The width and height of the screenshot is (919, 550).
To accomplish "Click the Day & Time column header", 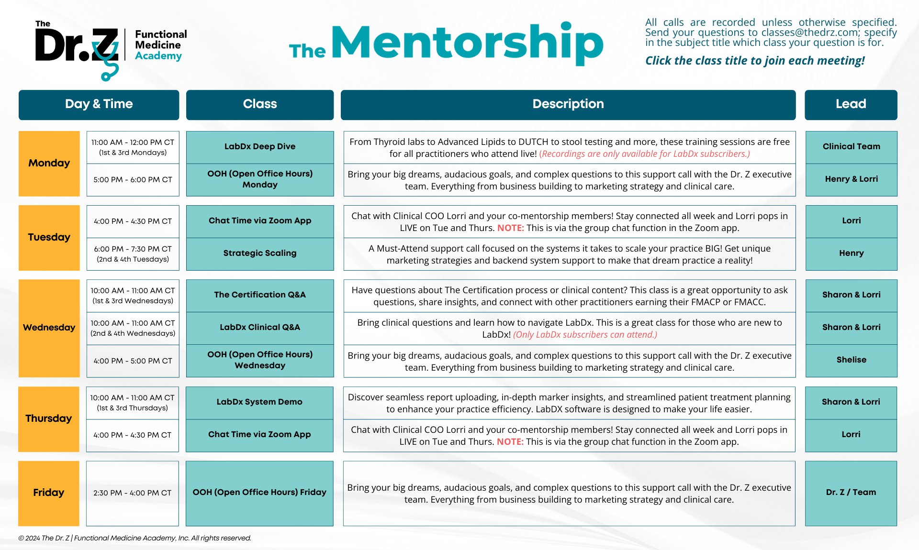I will pos(99,104).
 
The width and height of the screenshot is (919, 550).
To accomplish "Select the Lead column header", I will pos(851,104).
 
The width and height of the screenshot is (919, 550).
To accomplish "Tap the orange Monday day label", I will pos(49,163).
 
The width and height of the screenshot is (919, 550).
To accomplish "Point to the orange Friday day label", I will pos(48,493).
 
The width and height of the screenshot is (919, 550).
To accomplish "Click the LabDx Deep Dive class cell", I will pos(259,146).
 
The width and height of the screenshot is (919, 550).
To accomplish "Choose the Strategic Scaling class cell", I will pos(259,253).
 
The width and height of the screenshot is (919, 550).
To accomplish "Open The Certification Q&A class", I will pos(259,295).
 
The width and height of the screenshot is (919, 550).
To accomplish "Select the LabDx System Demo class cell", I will pos(259,402).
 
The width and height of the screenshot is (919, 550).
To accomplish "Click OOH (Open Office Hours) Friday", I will pos(259,492).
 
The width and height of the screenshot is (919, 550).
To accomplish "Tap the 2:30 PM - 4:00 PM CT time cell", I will pos(132,493).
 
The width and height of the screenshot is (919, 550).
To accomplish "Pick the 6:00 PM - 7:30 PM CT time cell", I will pos(133,253).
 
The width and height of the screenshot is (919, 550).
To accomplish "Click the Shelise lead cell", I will pos(851,360).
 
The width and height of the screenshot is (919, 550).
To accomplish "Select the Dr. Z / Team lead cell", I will pos(851,492).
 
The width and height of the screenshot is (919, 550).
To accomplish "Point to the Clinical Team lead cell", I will pos(851,146).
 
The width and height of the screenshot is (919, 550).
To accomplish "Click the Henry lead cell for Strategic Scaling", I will pos(851,253).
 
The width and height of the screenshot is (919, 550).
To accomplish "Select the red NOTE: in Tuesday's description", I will pos(510,228).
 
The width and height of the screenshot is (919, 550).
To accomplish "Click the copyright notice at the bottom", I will pos(134,538).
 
